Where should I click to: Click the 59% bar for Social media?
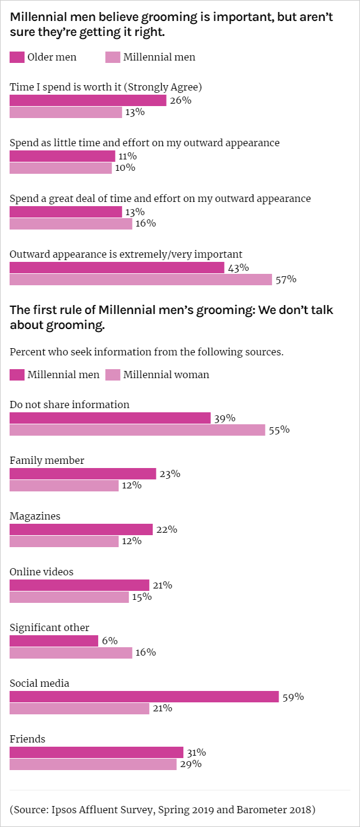(144, 696)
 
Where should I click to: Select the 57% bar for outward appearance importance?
(141, 279)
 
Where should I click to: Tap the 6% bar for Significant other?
(54, 641)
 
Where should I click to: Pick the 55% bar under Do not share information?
(137, 430)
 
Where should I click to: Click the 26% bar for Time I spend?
(87, 100)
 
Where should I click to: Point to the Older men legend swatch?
(17, 58)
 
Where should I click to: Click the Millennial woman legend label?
(166, 375)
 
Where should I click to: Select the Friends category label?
(28, 739)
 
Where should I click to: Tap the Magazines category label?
(35, 516)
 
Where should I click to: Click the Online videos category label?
(41, 572)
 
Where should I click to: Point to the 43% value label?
(238, 268)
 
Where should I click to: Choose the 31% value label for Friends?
(196, 752)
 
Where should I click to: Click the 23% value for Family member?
(170, 473)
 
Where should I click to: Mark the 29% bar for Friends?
(93, 764)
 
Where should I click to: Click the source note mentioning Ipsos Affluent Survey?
(162, 809)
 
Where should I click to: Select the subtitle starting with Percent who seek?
(146, 352)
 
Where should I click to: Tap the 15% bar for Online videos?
(69, 597)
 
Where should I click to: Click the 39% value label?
(224, 418)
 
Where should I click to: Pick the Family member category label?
(47, 460)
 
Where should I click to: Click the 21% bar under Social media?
(79, 708)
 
